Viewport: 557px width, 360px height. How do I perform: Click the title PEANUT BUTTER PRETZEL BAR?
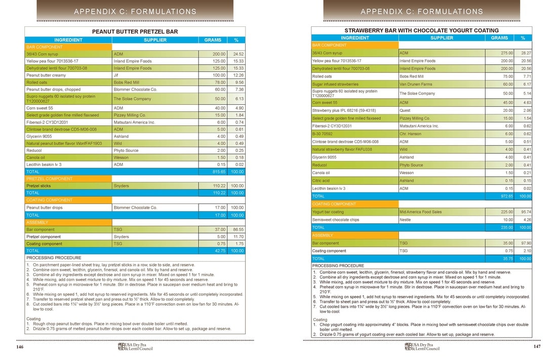pos(135,31)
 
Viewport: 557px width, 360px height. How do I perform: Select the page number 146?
pos(20,347)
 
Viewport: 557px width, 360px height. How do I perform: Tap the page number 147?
pos(537,347)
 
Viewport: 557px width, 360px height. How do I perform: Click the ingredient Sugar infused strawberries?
pos(335,85)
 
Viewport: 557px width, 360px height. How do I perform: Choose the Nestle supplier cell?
pos(406,220)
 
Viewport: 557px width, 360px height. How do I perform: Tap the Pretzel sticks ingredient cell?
pos(38,186)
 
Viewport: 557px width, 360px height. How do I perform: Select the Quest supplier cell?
pos(405,110)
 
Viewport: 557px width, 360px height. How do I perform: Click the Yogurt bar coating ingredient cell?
pos(328,212)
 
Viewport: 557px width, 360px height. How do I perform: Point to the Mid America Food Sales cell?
pos(420,212)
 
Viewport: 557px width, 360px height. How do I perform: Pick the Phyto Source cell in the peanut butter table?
pos(126,150)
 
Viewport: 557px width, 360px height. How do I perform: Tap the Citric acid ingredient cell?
pos(321,180)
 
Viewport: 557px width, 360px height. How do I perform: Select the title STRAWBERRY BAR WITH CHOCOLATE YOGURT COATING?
pos(421,30)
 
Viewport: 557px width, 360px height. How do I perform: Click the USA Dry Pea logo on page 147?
pos(422,347)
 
